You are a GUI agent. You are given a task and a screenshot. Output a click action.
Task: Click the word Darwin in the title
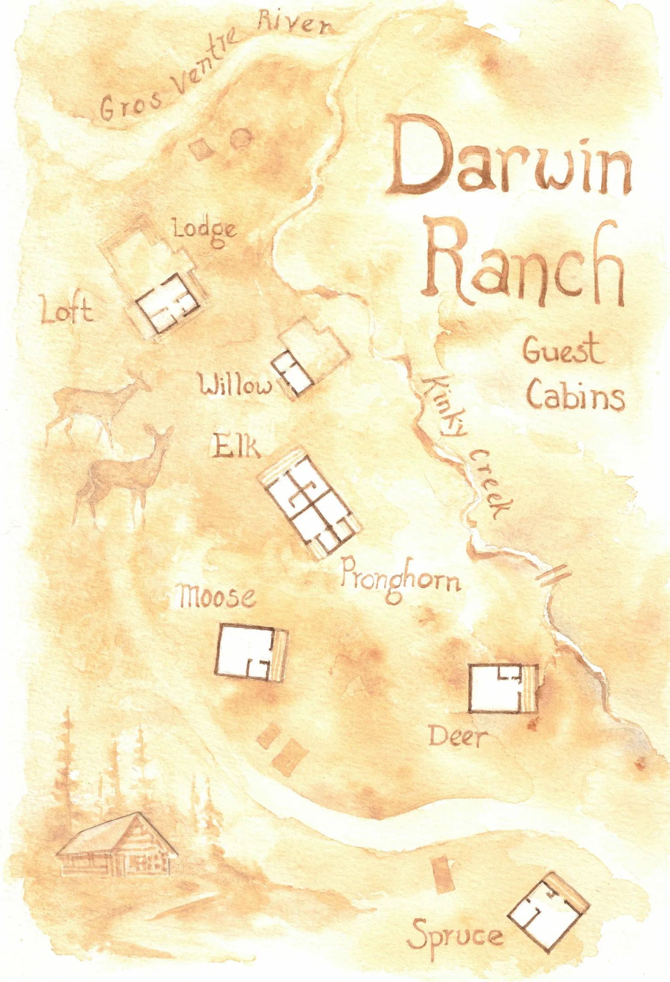pos(509,156)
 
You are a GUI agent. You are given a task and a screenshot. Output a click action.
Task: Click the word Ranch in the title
pos(523,264)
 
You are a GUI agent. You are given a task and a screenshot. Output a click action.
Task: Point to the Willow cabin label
pos(235,385)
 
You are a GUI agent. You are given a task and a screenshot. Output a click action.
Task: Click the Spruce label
pos(456,934)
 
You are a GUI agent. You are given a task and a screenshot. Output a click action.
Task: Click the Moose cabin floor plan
pos(250,651)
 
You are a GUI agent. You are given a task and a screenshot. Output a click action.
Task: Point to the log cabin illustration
pos(117,847)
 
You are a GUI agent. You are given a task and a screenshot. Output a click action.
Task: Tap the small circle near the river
pos(242,138)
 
